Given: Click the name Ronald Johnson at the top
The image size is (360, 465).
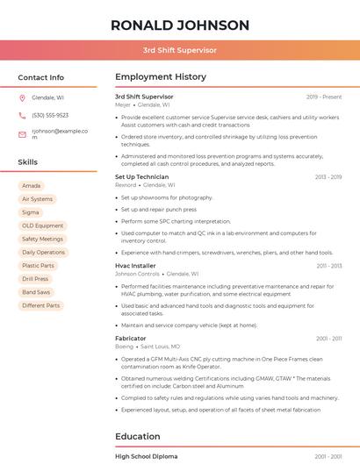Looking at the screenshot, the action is pos(180,25).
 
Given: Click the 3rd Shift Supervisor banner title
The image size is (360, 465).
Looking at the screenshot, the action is pos(180,50).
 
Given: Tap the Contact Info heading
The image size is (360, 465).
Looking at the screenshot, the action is pos(41,77).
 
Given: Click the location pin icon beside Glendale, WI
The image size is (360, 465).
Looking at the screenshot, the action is pos(22,97).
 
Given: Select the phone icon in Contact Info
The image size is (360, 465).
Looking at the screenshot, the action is pos(22,115).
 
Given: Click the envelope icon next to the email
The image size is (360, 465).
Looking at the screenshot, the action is pos(22,133).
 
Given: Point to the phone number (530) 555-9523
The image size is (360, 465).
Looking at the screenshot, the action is pos(50,115).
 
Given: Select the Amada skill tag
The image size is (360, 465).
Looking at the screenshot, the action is pos(32,186).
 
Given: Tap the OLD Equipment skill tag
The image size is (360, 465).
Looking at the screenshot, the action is pos(42,225).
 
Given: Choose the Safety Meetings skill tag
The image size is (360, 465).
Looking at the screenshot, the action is pos(42,239).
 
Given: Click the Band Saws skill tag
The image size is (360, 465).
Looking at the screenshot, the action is pos(36,292).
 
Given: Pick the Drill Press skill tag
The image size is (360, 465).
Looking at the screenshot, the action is pos(35,279).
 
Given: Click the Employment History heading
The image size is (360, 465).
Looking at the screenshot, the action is pos(161,77).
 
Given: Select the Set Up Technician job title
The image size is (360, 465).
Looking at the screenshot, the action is pos(141,176).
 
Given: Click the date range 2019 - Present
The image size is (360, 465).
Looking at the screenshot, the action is pos(324,97).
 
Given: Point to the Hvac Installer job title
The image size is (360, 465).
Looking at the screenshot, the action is pos(135,265).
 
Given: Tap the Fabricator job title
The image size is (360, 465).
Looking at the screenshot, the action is pos(131,338).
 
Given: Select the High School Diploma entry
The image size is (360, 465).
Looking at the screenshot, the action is pos(146,456).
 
